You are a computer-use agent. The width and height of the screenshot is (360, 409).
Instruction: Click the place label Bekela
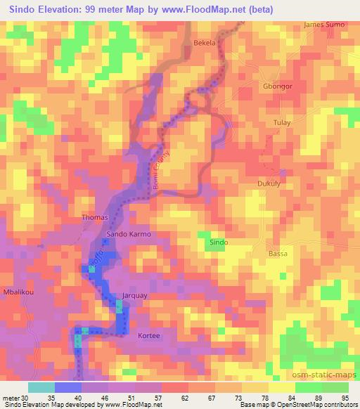tap(204, 43)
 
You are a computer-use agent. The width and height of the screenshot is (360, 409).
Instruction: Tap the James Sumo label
tap(324, 25)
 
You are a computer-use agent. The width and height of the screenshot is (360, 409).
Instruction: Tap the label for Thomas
tap(95, 217)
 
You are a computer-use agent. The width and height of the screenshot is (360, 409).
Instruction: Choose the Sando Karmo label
tap(129, 233)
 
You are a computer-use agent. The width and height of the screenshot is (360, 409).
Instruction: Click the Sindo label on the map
tap(218, 242)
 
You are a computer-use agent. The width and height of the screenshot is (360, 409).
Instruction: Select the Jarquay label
tap(135, 296)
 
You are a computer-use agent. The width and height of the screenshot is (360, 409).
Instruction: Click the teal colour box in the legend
tap(41, 387)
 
